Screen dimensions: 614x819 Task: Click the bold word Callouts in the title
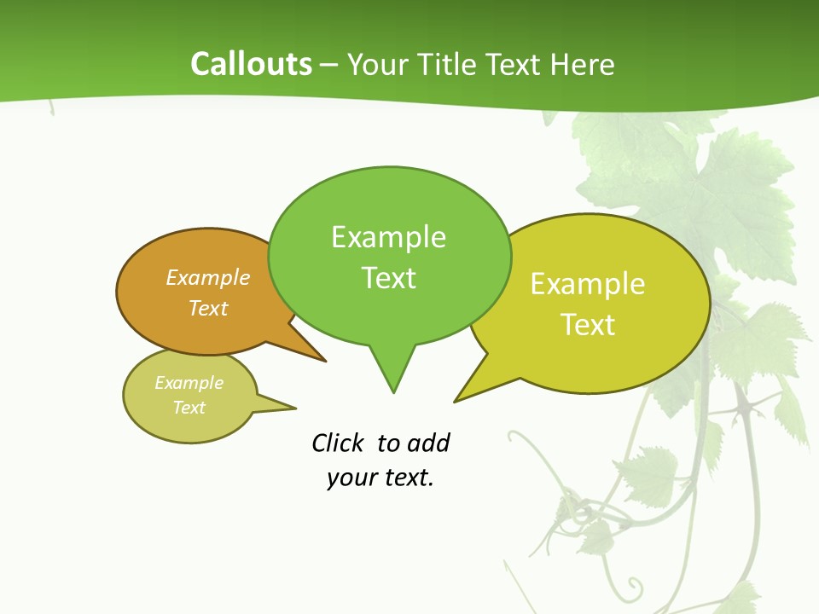(251, 65)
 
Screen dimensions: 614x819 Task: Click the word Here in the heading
(583, 65)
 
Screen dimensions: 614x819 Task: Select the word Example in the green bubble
(388, 237)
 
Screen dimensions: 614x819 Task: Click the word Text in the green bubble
(388, 278)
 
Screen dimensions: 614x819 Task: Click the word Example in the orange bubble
(208, 278)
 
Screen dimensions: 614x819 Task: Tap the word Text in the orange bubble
(208, 308)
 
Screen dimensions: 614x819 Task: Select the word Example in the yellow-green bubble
(588, 284)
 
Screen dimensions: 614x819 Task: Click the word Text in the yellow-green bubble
(588, 325)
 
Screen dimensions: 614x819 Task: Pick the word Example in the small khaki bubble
(189, 383)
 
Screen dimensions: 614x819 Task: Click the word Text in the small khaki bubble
(189, 408)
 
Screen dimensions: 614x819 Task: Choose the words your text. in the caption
(380, 478)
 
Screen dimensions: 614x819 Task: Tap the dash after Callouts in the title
(329, 65)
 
